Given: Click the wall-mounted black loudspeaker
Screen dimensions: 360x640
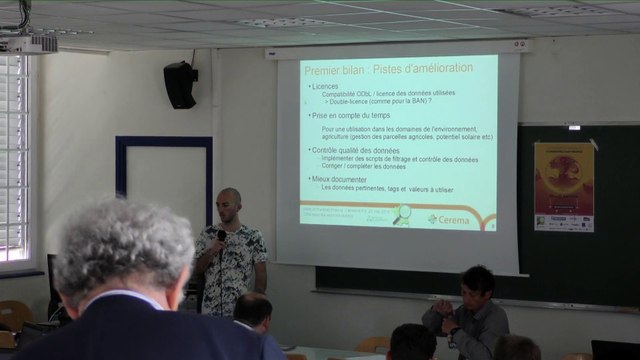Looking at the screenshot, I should point(180,85).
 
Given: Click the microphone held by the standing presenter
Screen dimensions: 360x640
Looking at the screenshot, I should point(221,236).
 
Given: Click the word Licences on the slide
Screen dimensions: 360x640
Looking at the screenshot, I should point(326,86).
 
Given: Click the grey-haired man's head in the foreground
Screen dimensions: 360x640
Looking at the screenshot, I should point(124,250).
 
